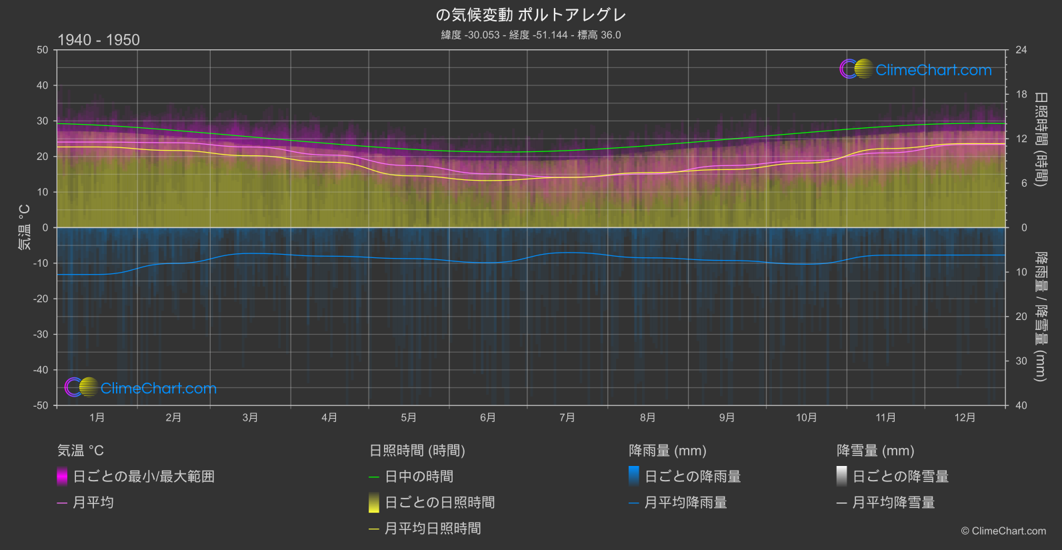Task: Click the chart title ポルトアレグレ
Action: (x=531, y=15)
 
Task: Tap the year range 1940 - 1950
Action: (x=99, y=40)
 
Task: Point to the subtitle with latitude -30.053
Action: (x=531, y=35)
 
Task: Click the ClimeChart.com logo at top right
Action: (x=916, y=69)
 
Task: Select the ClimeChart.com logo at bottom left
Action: (x=141, y=388)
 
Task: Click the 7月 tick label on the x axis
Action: (x=567, y=417)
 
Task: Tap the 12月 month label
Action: (x=965, y=417)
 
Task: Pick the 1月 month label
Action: (x=97, y=417)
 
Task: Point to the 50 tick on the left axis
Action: (x=43, y=50)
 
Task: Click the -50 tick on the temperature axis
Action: (x=41, y=405)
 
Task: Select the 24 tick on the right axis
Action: (x=1021, y=50)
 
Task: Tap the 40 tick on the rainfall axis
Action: (x=1021, y=405)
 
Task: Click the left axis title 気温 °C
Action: (x=24, y=227)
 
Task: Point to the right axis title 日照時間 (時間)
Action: (x=1040, y=139)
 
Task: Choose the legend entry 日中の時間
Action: (x=419, y=477)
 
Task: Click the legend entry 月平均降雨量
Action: (x=685, y=503)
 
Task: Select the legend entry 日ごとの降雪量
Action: (x=900, y=477)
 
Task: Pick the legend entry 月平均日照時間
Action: (x=433, y=529)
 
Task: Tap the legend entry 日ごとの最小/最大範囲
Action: (x=143, y=477)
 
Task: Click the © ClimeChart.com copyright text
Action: (x=1003, y=531)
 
